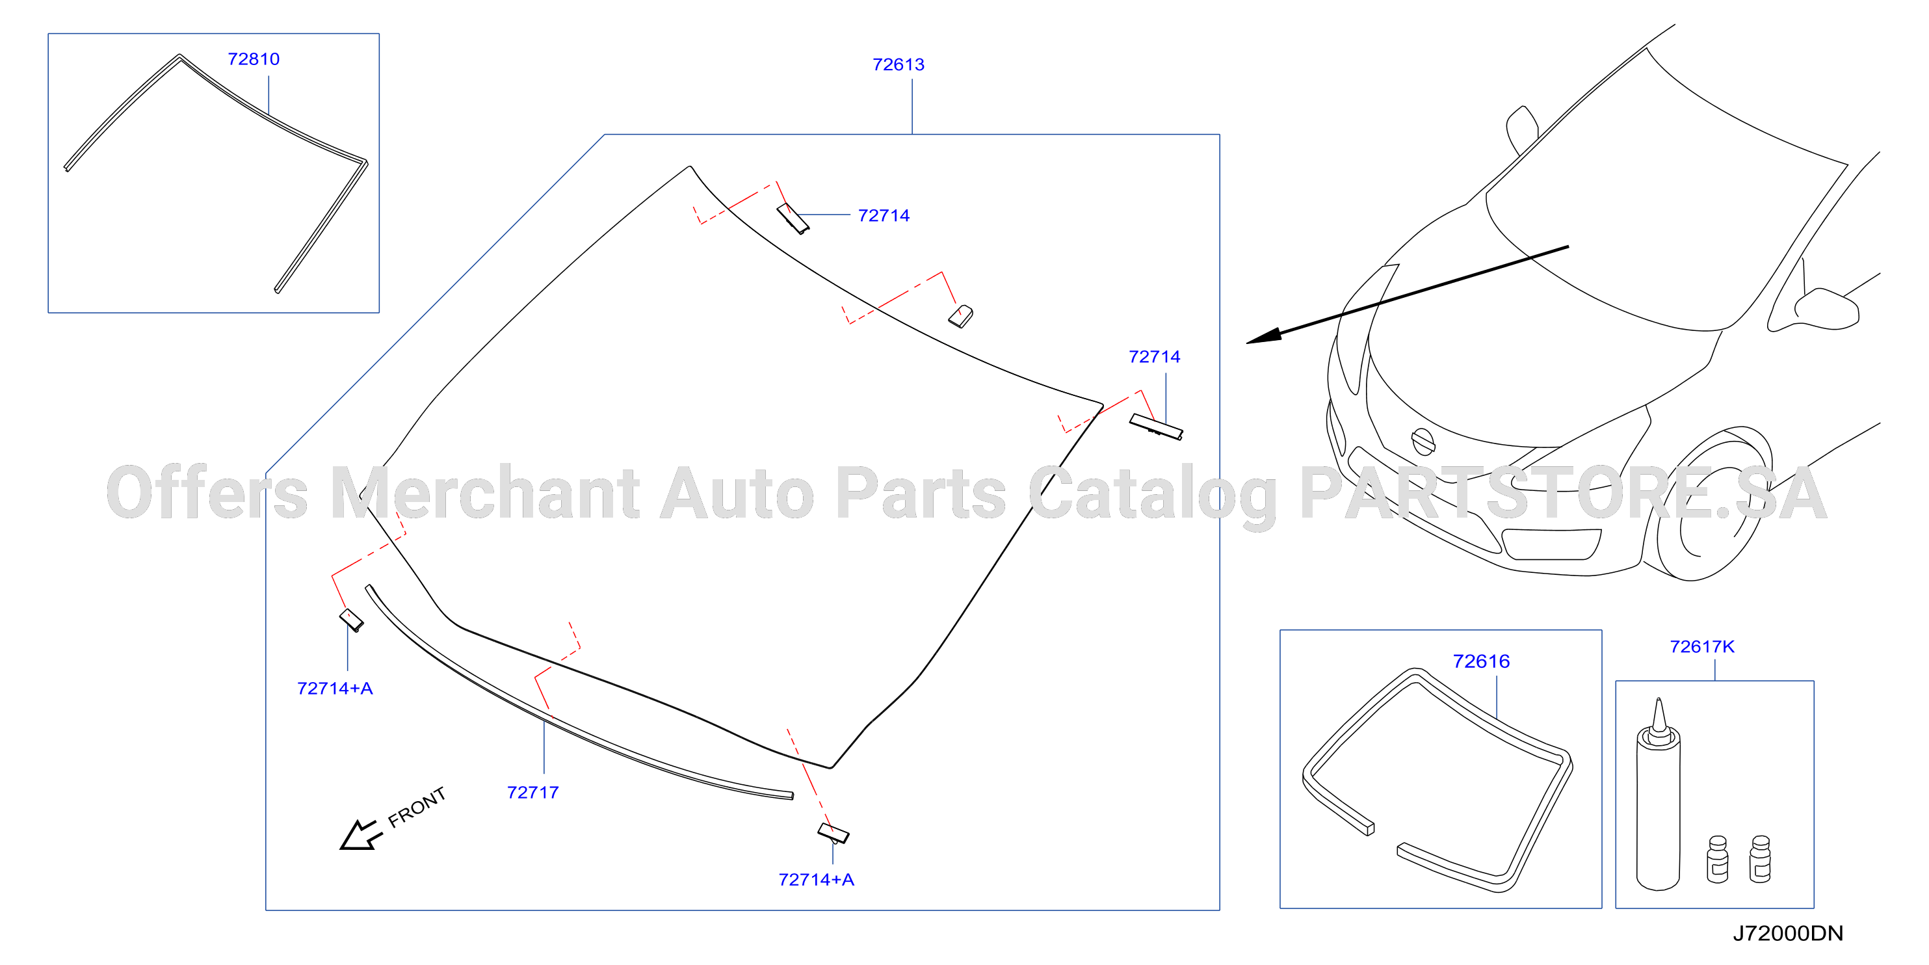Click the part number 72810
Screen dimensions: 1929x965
pyautogui.click(x=253, y=59)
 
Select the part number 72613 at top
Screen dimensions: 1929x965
pyautogui.click(x=898, y=64)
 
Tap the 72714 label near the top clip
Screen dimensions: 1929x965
pyautogui.click(x=884, y=216)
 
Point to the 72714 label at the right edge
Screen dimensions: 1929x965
pyautogui.click(x=1154, y=356)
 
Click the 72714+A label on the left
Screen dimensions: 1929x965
pyautogui.click(x=335, y=689)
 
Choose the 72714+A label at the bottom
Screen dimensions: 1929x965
pyautogui.click(x=816, y=880)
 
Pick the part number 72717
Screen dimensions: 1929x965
pyautogui.click(x=532, y=793)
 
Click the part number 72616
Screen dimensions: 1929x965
pyautogui.click(x=1480, y=661)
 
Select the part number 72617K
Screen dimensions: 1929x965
pyautogui.click(x=1701, y=646)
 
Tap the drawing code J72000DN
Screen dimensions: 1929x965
pyautogui.click(x=1787, y=934)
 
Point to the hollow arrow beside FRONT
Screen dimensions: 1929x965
pyautogui.click(x=361, y=835)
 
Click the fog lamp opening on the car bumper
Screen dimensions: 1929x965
pyautogui.click(x=1551, y=544)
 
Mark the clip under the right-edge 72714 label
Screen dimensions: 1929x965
pyautogui.click(x=1156, y=427)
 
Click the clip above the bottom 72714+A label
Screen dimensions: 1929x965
pyautogui.click(x=833, y=833)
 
